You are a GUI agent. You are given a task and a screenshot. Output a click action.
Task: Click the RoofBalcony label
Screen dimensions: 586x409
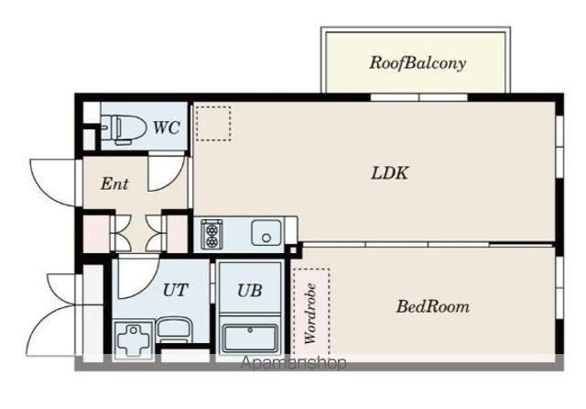pyautogui.click(x=418, y=63)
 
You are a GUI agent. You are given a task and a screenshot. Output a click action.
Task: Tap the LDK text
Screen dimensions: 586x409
pyautogui.click(x=390, y=173)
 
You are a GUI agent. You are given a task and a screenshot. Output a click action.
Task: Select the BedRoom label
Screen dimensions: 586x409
pyautogui.click(x=433, y=306)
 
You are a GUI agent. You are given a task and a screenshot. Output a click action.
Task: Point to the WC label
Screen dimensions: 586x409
pyautogui.click(x=167, y=127)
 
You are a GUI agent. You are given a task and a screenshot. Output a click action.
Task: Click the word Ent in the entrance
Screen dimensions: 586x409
pyautogui.click(x=114, y=183)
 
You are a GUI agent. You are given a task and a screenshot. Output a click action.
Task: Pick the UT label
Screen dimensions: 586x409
pyautogui.click(x=175, y=290)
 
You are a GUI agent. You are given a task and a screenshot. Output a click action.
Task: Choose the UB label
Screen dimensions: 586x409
pyautogui.click(x=250, y=291)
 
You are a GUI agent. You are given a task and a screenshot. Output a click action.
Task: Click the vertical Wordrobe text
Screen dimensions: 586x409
pyautogui.click(x=310, y=314)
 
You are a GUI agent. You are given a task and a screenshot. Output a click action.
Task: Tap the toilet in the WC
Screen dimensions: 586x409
pyautogui.click(x=123, y=129)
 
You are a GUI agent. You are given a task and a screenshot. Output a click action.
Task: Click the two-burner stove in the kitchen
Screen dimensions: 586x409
pyautogui.click(x=212, y=234)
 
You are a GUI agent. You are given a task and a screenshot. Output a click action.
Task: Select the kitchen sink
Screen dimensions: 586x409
pyautogui.click(x=266, y=233)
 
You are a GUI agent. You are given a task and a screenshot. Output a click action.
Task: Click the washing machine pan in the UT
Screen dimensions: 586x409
pyautogui.click(x=134, y=340)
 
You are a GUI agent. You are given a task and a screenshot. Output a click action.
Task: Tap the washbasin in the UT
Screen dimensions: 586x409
pyautogui.click(x=173, y=329)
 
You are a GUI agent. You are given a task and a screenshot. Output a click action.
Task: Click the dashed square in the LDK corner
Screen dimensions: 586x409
pyautogui.click(x=213, y=124)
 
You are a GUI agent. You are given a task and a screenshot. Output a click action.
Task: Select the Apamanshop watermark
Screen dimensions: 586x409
pyautogui.click(x=293, y=362)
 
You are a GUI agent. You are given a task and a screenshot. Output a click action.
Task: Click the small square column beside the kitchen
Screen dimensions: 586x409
pyautogui.click(x=293, y=250)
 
